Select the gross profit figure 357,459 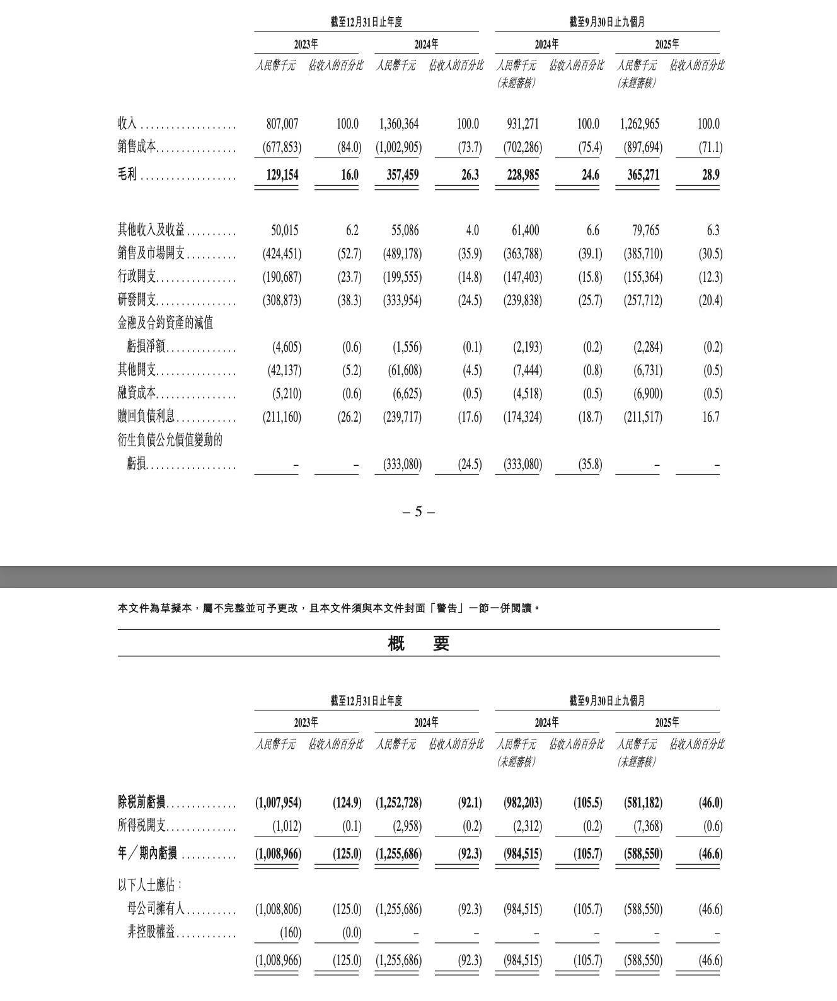[x=402, y=175]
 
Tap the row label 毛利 [x=127, y=175]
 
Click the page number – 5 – [x=418, y=512]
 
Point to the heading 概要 [x=418, y=644]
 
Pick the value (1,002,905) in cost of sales [x=399, y=148]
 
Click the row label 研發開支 [x=137, y=301]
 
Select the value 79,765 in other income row [x=645, y=231]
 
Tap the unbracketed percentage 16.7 [x=710, y=417]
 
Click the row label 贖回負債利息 [x=146, y=417]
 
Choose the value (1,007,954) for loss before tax [x=278, y=803]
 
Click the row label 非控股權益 [x=151, y=932]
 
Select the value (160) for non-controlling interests [x=289, y=932]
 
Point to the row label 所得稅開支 [x=142, y=826]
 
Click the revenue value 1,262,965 [x=640, y=124]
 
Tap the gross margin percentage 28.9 [x=710, y=175]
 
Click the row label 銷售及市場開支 [x=151, y=254]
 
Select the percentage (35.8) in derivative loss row [x=590, y=465]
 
